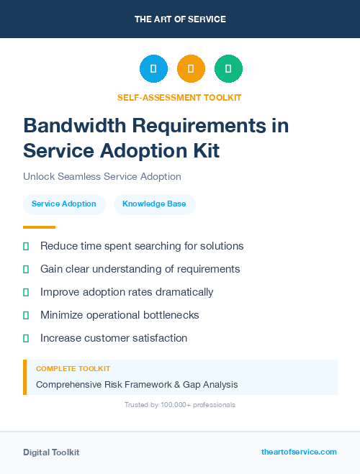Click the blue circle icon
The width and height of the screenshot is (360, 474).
coord(153,69)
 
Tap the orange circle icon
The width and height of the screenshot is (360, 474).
coord(191,69)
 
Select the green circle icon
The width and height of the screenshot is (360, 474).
coord(228,69)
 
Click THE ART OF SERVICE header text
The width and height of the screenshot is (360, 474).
coord(180,19)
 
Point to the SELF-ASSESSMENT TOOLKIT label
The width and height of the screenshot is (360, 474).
coord(179,97)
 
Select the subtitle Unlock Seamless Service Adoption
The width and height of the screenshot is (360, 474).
coord(102,176)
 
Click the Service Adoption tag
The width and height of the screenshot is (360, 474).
coord(64,204)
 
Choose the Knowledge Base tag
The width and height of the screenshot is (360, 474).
coord(154,204)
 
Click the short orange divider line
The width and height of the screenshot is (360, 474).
coord(39,227)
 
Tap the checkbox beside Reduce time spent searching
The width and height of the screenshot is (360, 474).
coord(26,246)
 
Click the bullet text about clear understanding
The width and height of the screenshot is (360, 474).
coord(140,269)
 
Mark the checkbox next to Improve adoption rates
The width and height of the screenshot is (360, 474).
coord(26,292)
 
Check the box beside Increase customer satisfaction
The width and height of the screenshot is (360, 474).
coord(26,338)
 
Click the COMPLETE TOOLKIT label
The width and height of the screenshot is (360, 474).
coord(73,368)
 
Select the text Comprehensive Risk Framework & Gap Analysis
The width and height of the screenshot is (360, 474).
coord(137,385)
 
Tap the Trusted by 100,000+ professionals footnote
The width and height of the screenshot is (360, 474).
coord(179,405)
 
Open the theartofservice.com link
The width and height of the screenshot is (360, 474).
coord(299,452)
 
